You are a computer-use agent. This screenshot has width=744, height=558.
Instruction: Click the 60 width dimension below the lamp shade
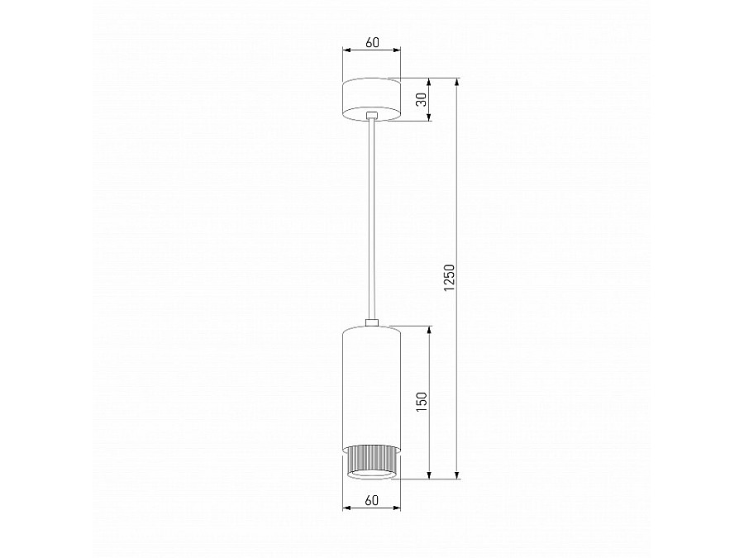point(371,499)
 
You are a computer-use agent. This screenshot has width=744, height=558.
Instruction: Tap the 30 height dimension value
point(421,100)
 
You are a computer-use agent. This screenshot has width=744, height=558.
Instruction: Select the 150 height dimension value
point(421,402)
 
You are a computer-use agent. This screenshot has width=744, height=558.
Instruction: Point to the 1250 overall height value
point(449,279)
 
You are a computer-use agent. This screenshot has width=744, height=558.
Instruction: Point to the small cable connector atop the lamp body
point(372,322)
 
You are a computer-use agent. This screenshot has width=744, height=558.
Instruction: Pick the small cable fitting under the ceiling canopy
point(372,116)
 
